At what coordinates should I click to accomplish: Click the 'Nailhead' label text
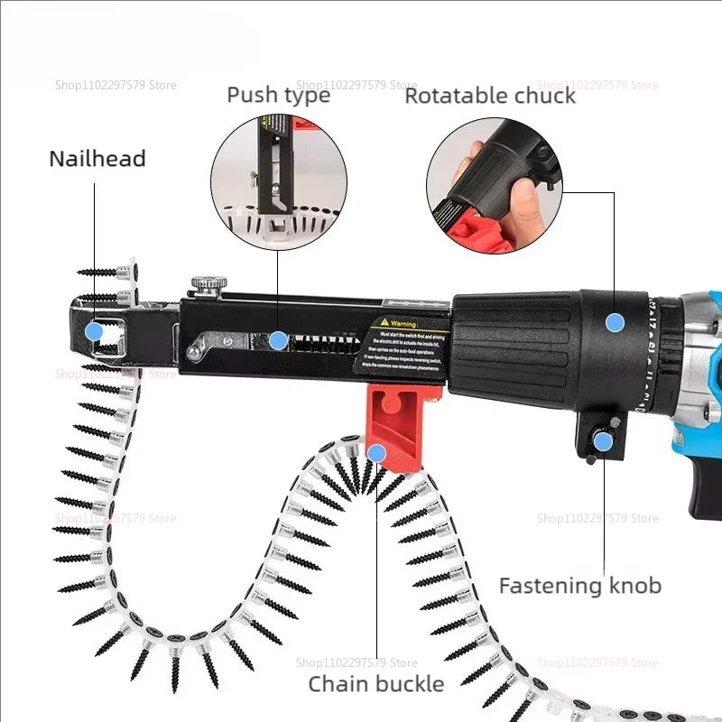click(x=97, y=159)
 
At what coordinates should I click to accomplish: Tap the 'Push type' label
click(x=278, y=95)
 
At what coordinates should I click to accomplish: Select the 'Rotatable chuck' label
click(x=489, y=96)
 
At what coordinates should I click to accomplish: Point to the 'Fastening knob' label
click(x=579, y=586)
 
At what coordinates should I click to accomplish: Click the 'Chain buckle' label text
click(x=375, y=683)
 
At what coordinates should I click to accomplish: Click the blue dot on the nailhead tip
click(x=94, y=331)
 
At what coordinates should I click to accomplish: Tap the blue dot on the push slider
click(x=279, y=340)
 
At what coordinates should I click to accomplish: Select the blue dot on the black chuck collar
click(x=615, y=321)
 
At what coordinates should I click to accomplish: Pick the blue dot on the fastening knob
click(x=602, y=440)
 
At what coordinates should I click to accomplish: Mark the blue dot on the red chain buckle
click(x=377, y=452)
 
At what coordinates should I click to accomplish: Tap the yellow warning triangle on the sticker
click(x=384, y=321)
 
